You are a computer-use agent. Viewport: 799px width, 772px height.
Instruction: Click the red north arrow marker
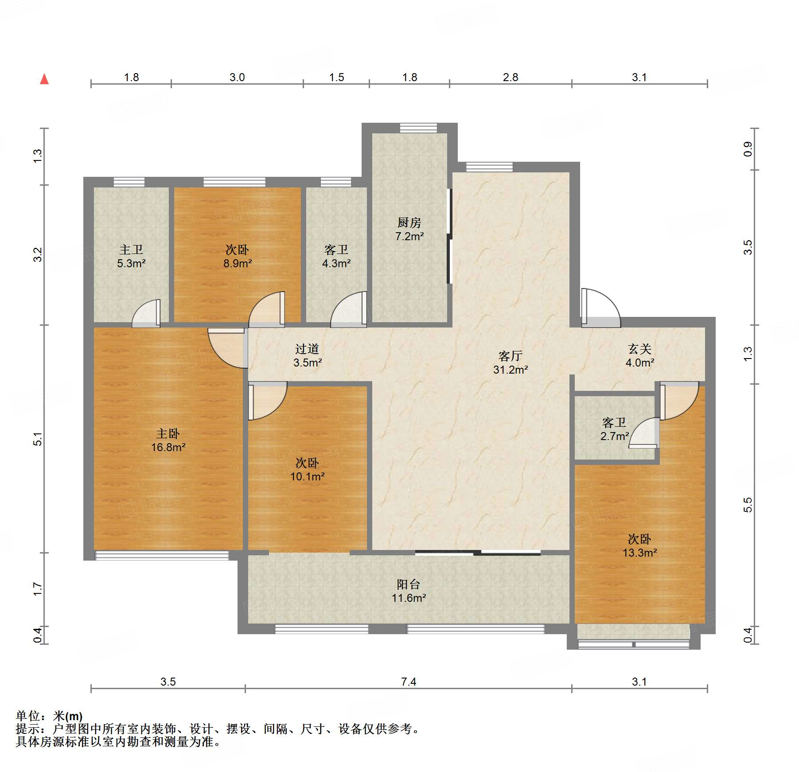44,79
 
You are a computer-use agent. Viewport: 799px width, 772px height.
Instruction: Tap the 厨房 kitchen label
409,222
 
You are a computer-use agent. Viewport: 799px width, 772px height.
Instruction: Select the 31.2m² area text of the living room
511,370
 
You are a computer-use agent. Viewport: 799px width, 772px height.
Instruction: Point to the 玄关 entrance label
639,349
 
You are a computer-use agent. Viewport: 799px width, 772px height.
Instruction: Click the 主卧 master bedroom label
168,433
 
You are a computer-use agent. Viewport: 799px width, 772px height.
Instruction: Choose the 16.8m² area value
168,447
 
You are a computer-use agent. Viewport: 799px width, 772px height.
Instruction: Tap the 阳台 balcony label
409,584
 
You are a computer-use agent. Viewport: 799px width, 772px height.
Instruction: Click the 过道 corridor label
307,349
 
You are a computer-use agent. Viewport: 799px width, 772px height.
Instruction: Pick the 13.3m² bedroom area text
639,553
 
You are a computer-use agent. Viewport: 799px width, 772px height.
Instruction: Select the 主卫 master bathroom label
131,250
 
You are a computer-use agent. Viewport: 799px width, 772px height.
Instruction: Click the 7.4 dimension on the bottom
409,681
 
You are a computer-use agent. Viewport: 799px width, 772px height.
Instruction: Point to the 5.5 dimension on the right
748,505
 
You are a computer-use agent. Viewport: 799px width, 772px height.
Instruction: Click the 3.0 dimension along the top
237,77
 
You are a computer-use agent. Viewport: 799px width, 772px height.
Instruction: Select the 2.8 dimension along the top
511,77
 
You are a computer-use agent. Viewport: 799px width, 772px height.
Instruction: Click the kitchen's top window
418,128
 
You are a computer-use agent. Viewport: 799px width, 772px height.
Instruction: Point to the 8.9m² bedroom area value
238,263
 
